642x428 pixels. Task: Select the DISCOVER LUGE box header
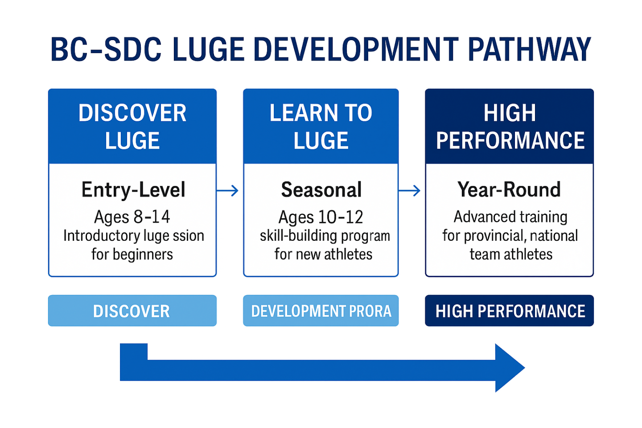click(x=132, y=126)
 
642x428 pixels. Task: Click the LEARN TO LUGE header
click(x=321, y=126)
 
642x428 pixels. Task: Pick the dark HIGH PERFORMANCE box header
click(x=510, y=126)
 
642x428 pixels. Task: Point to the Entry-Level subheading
click(x=133, y=190)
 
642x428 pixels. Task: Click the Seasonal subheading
click(x=321, y=190)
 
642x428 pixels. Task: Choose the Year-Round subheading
click(x=509, y=190)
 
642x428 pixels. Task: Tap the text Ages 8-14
click(x=132, y=217)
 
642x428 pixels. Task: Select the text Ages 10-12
click(x=321, y=217)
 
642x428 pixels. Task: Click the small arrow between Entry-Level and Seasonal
click(x=228, y=191)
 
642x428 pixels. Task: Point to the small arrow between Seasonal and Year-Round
click(x=409, y=191)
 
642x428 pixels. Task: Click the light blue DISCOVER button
click(x=132, y=311)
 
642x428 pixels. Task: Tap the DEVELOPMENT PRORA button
click(x=321, y=311)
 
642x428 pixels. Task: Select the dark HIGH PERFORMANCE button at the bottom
click(x=510, y=311)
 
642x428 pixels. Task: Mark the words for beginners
click(x=132, y=254)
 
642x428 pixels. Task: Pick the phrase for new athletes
click(x=323, y=254)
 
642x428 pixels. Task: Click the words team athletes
click(x=511, y=254)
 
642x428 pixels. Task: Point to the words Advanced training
click(x=510, y=217)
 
